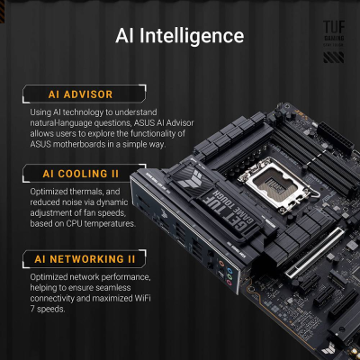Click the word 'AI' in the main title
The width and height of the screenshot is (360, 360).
click(127, 36)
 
